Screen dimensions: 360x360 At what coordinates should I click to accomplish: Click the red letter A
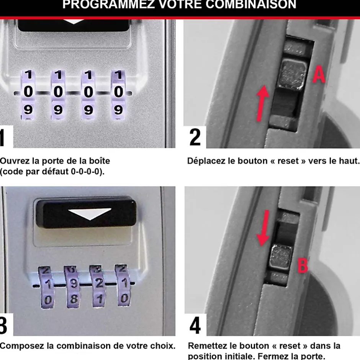click(x=319, y=74)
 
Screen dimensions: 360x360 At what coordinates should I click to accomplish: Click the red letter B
click(x=303, y=265)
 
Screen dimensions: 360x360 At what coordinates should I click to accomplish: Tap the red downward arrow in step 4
click(x=263, y=228)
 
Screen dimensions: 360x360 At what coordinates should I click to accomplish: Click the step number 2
click(x=195, y=137)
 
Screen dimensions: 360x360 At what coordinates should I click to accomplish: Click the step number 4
click(x=195, y=326)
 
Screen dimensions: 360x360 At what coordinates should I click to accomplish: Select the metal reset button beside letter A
click(x=292, y=74)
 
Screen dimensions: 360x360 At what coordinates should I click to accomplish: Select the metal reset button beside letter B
click(x=281, y=256)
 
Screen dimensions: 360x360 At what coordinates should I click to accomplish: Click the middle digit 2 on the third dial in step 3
click(x=99, y=284)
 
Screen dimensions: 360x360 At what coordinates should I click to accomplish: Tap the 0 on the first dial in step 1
click(x=28, y=92)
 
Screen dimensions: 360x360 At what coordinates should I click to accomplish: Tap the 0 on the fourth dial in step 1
click(x=119, y=92)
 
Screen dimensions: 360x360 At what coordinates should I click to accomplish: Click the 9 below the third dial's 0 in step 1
click(x=88, y=110)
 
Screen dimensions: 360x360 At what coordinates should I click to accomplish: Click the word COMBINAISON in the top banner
click(x=251, y=5)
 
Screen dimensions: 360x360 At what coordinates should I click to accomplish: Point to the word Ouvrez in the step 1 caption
click(x=15, y=161)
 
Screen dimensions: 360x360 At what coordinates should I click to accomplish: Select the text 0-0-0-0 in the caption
click(x=87, y=172)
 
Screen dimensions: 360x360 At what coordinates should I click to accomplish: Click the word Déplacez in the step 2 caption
click(x=206, y=161)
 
